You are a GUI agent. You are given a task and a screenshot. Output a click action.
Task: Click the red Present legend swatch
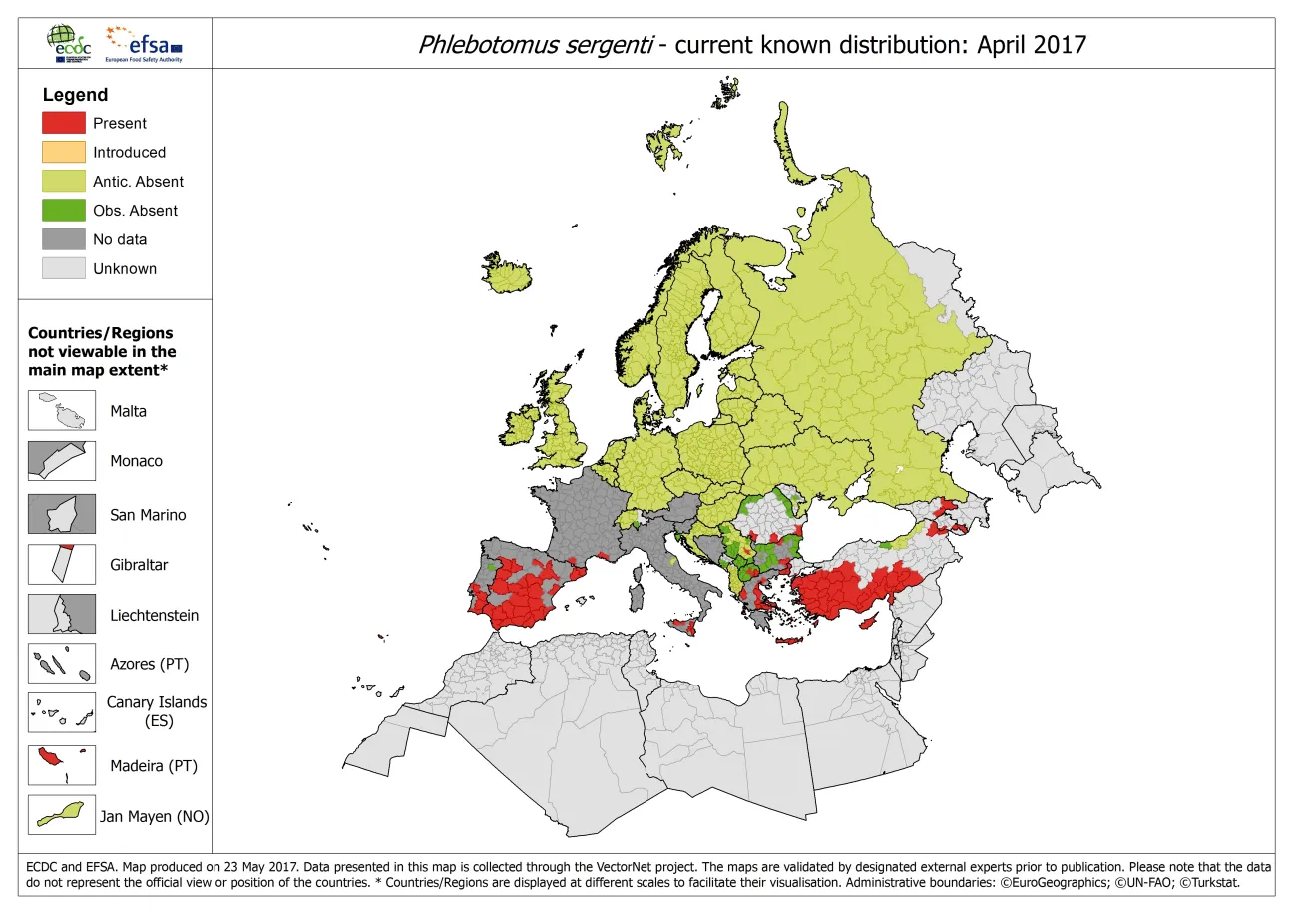pos(63,123)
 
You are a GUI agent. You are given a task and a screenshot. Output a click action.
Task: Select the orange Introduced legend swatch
pos(63,152)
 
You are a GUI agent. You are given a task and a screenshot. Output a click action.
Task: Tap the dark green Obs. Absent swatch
pos(63,210)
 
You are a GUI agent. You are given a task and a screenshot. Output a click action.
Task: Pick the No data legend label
pos(119,239)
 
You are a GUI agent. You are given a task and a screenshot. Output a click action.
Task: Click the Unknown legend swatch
pos(63,268)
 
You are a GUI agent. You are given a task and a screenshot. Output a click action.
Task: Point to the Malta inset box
pos(62,410)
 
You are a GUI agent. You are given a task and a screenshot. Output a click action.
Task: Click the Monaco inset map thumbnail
pos(62,461)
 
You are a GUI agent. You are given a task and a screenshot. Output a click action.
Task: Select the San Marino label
pos(148,515)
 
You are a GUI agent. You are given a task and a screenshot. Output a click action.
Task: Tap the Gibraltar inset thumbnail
pos(62,564)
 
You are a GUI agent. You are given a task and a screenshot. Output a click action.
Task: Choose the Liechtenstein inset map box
pos(62,615)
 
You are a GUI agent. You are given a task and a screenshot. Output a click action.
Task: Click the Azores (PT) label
pos(149,664)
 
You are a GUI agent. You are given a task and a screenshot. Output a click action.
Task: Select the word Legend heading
pos(75,95)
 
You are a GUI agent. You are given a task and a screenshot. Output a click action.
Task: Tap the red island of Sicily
pos(685,626)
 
